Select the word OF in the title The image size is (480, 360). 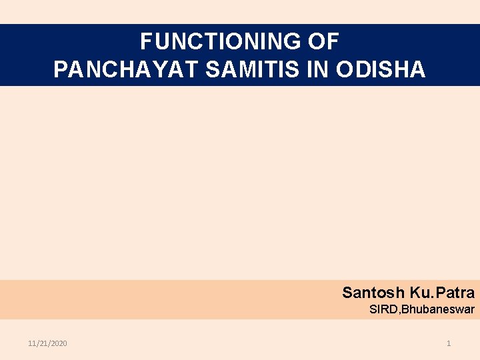tap(325, 42)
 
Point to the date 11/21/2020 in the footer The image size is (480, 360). tap(47, 343)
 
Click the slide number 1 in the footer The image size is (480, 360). tap(449, 343)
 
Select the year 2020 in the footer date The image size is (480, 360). tap(59, 343)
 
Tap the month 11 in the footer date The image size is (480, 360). tap(32, 343)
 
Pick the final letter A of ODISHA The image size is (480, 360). tap(418, 69)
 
